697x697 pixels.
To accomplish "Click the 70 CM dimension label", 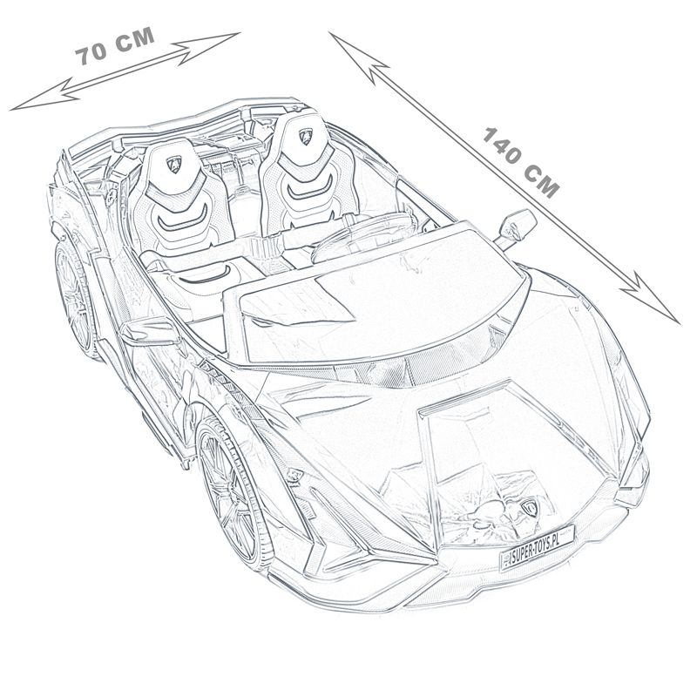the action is coord(115,46).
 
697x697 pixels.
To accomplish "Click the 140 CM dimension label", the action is coord(520,162).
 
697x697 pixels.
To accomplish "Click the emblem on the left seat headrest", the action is coord(174,164).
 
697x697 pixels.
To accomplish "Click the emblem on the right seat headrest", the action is coord(306,136).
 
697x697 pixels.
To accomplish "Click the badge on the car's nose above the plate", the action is coord(530,507).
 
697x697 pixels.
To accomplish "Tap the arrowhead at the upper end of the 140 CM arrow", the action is coord(355,54).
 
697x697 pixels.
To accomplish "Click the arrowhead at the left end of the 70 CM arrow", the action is coord(42,96).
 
